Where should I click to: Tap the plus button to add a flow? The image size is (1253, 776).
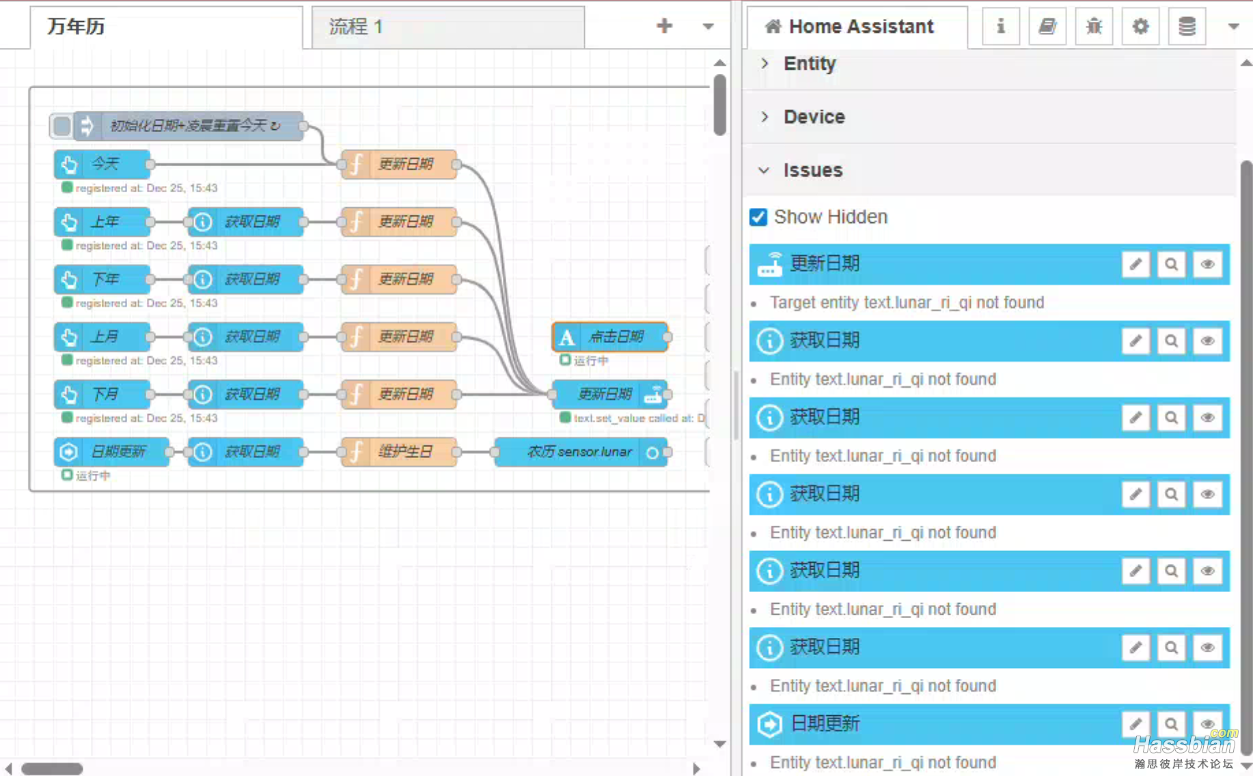click(x=664, y=27)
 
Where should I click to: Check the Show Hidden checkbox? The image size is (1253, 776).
click(x=758, y=217)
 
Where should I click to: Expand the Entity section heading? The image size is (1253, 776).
click(x=809, y=64)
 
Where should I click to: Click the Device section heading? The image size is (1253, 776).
click(x=814, y=117)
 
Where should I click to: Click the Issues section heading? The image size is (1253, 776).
click(x=812, y=170)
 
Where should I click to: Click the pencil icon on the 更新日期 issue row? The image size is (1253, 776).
click(x=1135, y=265)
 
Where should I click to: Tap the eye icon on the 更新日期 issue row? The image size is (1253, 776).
click(x=1207, y=265)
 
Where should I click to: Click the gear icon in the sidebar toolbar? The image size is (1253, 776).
click(x=1140, y=27)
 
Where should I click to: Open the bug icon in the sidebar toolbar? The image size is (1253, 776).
click(x=1094, y=27)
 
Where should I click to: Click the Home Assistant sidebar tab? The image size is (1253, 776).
click(x=857, y=27)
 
